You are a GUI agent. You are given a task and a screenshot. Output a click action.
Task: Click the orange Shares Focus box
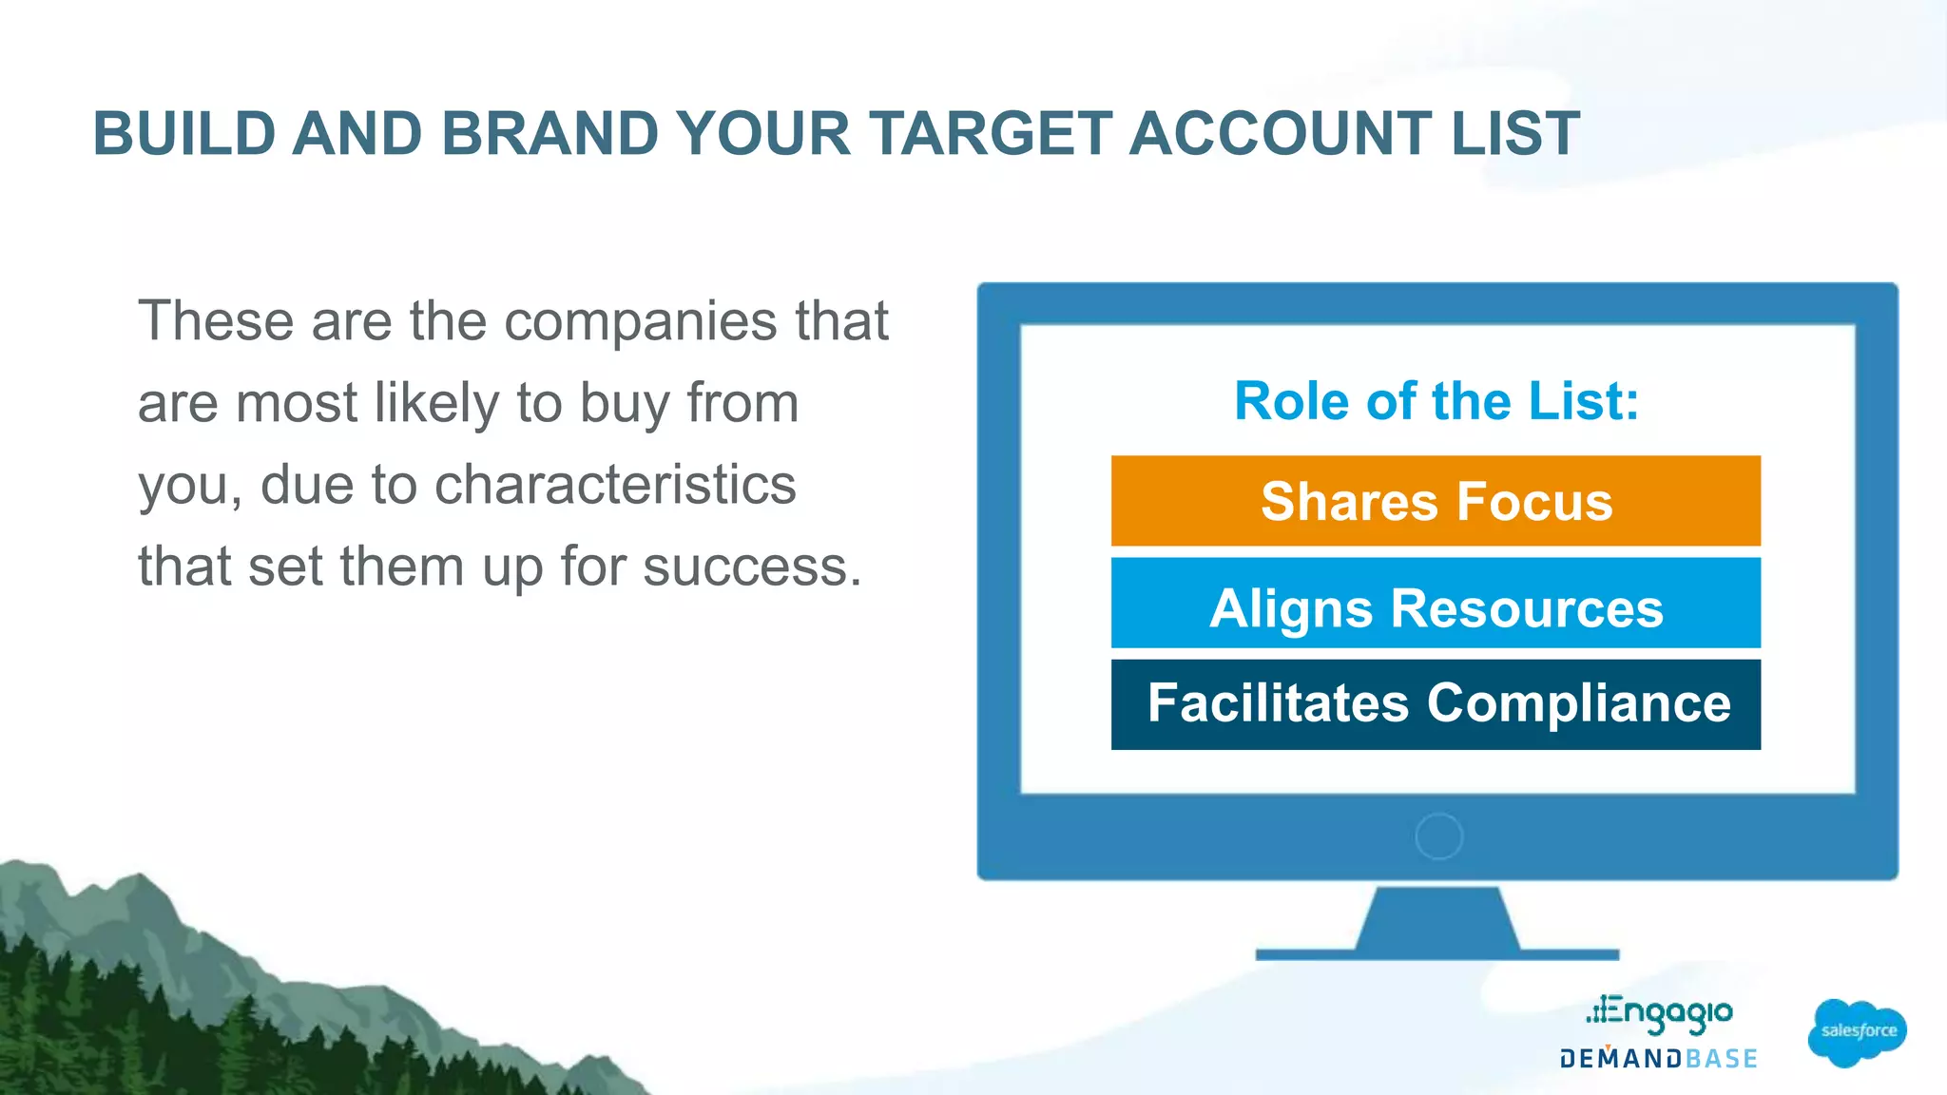[1436, 501]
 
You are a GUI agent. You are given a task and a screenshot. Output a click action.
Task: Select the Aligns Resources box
[1436, 604]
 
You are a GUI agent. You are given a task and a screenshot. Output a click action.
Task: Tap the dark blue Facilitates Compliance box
[1436, 704]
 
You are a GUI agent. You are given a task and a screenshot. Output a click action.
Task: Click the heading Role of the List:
[1436, 401]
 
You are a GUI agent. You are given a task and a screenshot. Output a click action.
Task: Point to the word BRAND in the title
[549, 133]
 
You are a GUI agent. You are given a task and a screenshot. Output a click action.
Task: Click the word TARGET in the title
[990, 133]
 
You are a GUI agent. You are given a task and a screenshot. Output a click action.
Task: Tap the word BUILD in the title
[184, 133]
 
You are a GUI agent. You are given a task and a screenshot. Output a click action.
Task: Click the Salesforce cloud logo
[1858, 1032]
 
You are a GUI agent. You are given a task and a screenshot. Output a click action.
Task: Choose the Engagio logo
[1660, 1013]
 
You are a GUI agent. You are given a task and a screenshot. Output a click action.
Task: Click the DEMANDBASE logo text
[1659, 1059]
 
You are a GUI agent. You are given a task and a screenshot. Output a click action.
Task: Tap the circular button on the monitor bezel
[1438, 836]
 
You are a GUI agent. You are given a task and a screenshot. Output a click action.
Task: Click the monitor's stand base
[1436, 953]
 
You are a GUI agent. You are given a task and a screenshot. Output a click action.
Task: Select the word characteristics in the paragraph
[615, 485]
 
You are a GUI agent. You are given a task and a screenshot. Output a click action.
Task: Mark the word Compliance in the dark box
[1578, 704]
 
